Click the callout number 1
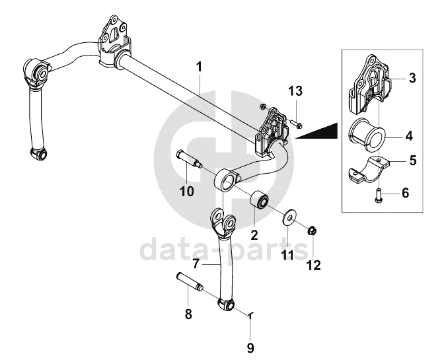(x=200, y=66)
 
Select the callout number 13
(x=295, y=90)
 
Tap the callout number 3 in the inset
(x=411, y=79)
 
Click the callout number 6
(x=405, y=194)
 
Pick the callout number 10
(x=187, y=192)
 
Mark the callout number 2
(x=254, y=234)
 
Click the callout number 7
(x=196, y=264)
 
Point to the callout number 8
(x=188, y=314)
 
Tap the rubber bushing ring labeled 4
(x=369, y=131)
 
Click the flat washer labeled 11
(x=289, y=218)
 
